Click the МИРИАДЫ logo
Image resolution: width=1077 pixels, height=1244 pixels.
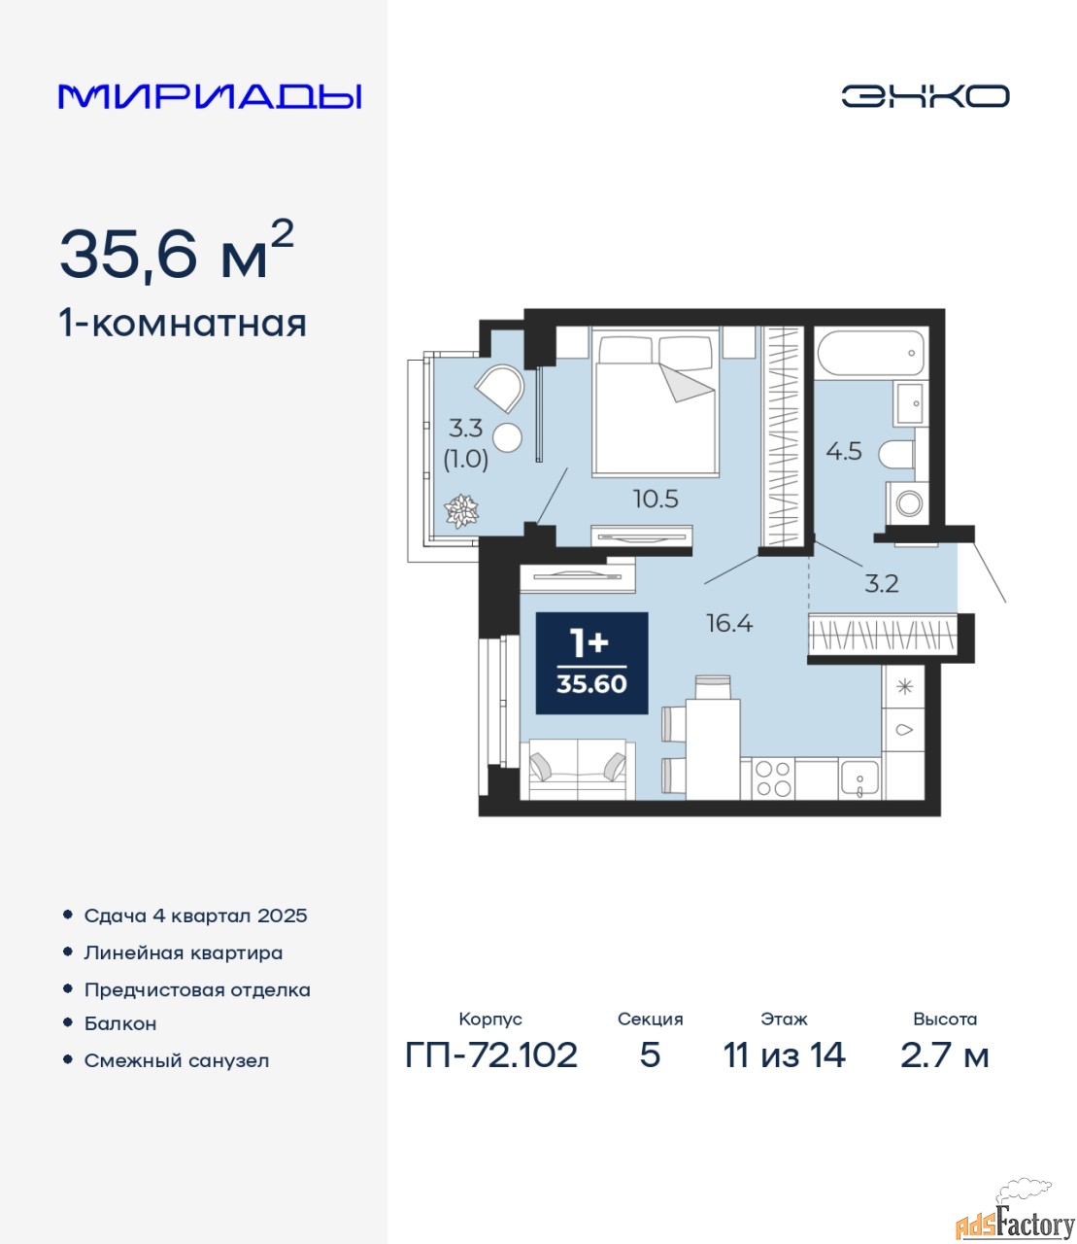click(x=209, y=96)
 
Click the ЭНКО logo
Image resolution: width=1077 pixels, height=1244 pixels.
click(x=925, y=96)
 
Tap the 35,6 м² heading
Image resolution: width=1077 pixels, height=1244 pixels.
click(x=177, y=251)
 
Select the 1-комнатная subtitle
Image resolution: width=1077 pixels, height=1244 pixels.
click(x=183, y=324)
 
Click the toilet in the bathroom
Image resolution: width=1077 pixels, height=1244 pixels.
click(x=896, y=454)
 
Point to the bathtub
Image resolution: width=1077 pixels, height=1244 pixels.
click(x=872, y=355)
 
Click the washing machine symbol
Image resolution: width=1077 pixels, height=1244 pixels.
click(x=909, y=503)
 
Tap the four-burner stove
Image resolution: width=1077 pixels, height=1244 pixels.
click(x=773, y=778)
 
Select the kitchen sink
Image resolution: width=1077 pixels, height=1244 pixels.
click(x=859, y=778)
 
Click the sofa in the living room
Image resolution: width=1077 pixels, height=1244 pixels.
click(x=577, y=770)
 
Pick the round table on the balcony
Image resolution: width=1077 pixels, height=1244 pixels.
click(x=507, y=437)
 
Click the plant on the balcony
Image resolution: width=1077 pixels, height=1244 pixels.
click(x=461, y=511)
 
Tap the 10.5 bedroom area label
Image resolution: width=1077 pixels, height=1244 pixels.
click(x=656, y=499)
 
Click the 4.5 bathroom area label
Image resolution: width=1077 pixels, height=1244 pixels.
click(x=844, y=451)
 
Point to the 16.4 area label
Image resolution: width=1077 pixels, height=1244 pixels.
click(x=729, y=623)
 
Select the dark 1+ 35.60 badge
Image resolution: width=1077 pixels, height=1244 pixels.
click(x=591, y=663)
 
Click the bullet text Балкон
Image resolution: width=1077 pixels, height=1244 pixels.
click(x=120, y=1023)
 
